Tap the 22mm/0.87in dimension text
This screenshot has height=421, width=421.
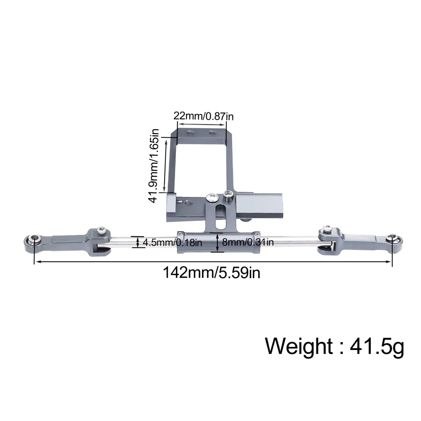(x=203, y=116)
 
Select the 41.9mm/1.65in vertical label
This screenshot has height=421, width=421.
(x=154, y=166)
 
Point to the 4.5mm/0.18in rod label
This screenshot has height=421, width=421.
(x=172, y=242)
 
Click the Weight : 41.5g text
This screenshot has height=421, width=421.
(x=334, y=346)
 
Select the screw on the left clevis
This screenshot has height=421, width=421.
(x=101, y=231)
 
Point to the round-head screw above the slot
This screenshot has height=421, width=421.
(x=212, y=197)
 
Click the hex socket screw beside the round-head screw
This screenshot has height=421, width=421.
(x=228, y=195)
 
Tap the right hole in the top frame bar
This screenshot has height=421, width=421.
(x=212, y=133)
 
